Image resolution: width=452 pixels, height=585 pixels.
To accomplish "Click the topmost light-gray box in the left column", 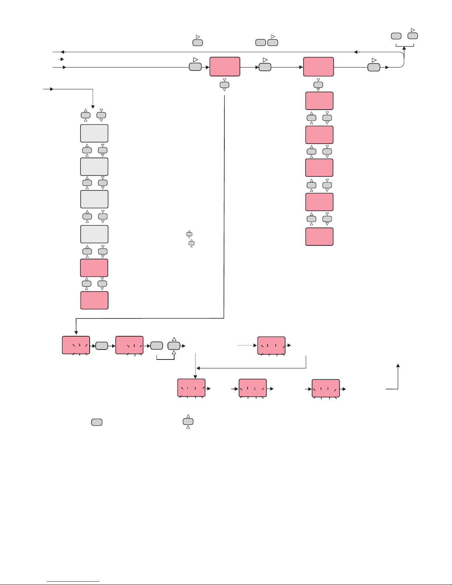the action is pyautogui.click(x=94, y=133).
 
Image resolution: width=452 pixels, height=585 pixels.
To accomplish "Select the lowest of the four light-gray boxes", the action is pyautogui.click(x=94, y=234).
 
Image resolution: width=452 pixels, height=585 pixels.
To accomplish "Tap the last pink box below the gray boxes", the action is pyautogui.click(x=94, y=300).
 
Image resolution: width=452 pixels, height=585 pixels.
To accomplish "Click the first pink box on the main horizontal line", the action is pyautogui.click(x=225, y=67).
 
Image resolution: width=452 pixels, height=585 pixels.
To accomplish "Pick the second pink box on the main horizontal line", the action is pyautogui.click(x=318, y=67).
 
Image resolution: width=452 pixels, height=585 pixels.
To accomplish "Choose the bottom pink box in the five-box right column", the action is pyautogui.click(x=319, y=237).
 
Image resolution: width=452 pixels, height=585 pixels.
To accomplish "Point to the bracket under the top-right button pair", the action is pyautogui.click(x=404, y=46).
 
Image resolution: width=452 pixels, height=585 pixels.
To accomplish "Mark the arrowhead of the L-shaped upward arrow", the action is pyautogui.click(x=398, y=365).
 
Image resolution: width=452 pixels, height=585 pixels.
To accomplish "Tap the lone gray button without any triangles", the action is pyautogui.click(x=97, y=422).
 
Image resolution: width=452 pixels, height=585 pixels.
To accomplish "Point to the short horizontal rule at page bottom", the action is pyautogui.click(x=73, y=582).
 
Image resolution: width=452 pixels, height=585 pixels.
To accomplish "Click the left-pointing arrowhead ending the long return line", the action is pyautogui.click(x=62, y=52).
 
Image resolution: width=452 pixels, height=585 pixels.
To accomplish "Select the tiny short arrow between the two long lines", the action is pyautogui.click(x=61, y=59).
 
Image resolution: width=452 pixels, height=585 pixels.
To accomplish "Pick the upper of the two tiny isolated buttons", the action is pyautogui.click(x=189, y=234).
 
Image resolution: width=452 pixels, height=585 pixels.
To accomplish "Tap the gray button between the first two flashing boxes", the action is pyautogui.click(x=101, y=346).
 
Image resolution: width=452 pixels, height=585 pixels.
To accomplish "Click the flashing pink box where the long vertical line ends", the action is pyautogui.click(x=76, y=345).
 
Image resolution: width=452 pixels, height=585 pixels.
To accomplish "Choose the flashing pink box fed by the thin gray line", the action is pyautogui.click(x=271, y=345).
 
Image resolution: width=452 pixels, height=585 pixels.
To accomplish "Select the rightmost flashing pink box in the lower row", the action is pyautogui.click(x=325, y=388).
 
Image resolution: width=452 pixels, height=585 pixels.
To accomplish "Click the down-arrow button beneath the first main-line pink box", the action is pyautogui.click(x=224, y=85).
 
